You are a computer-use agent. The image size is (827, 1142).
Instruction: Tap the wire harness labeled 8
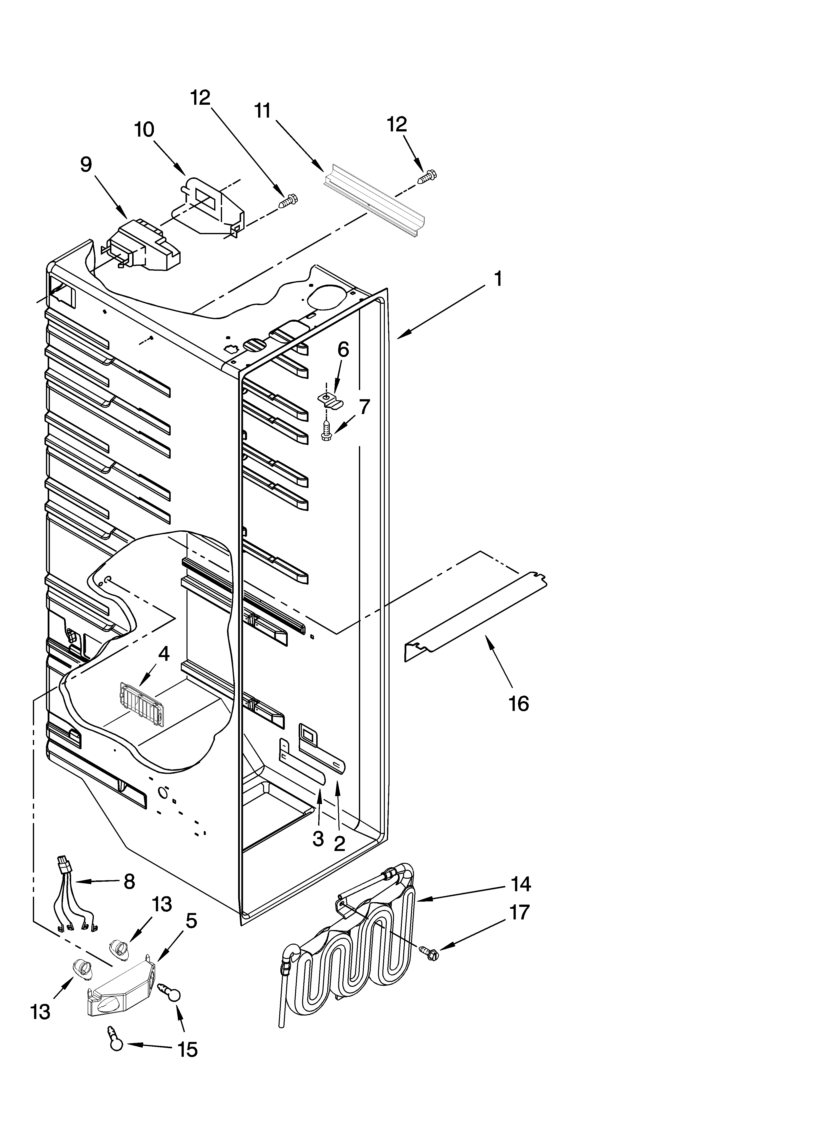coord(76,901)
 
